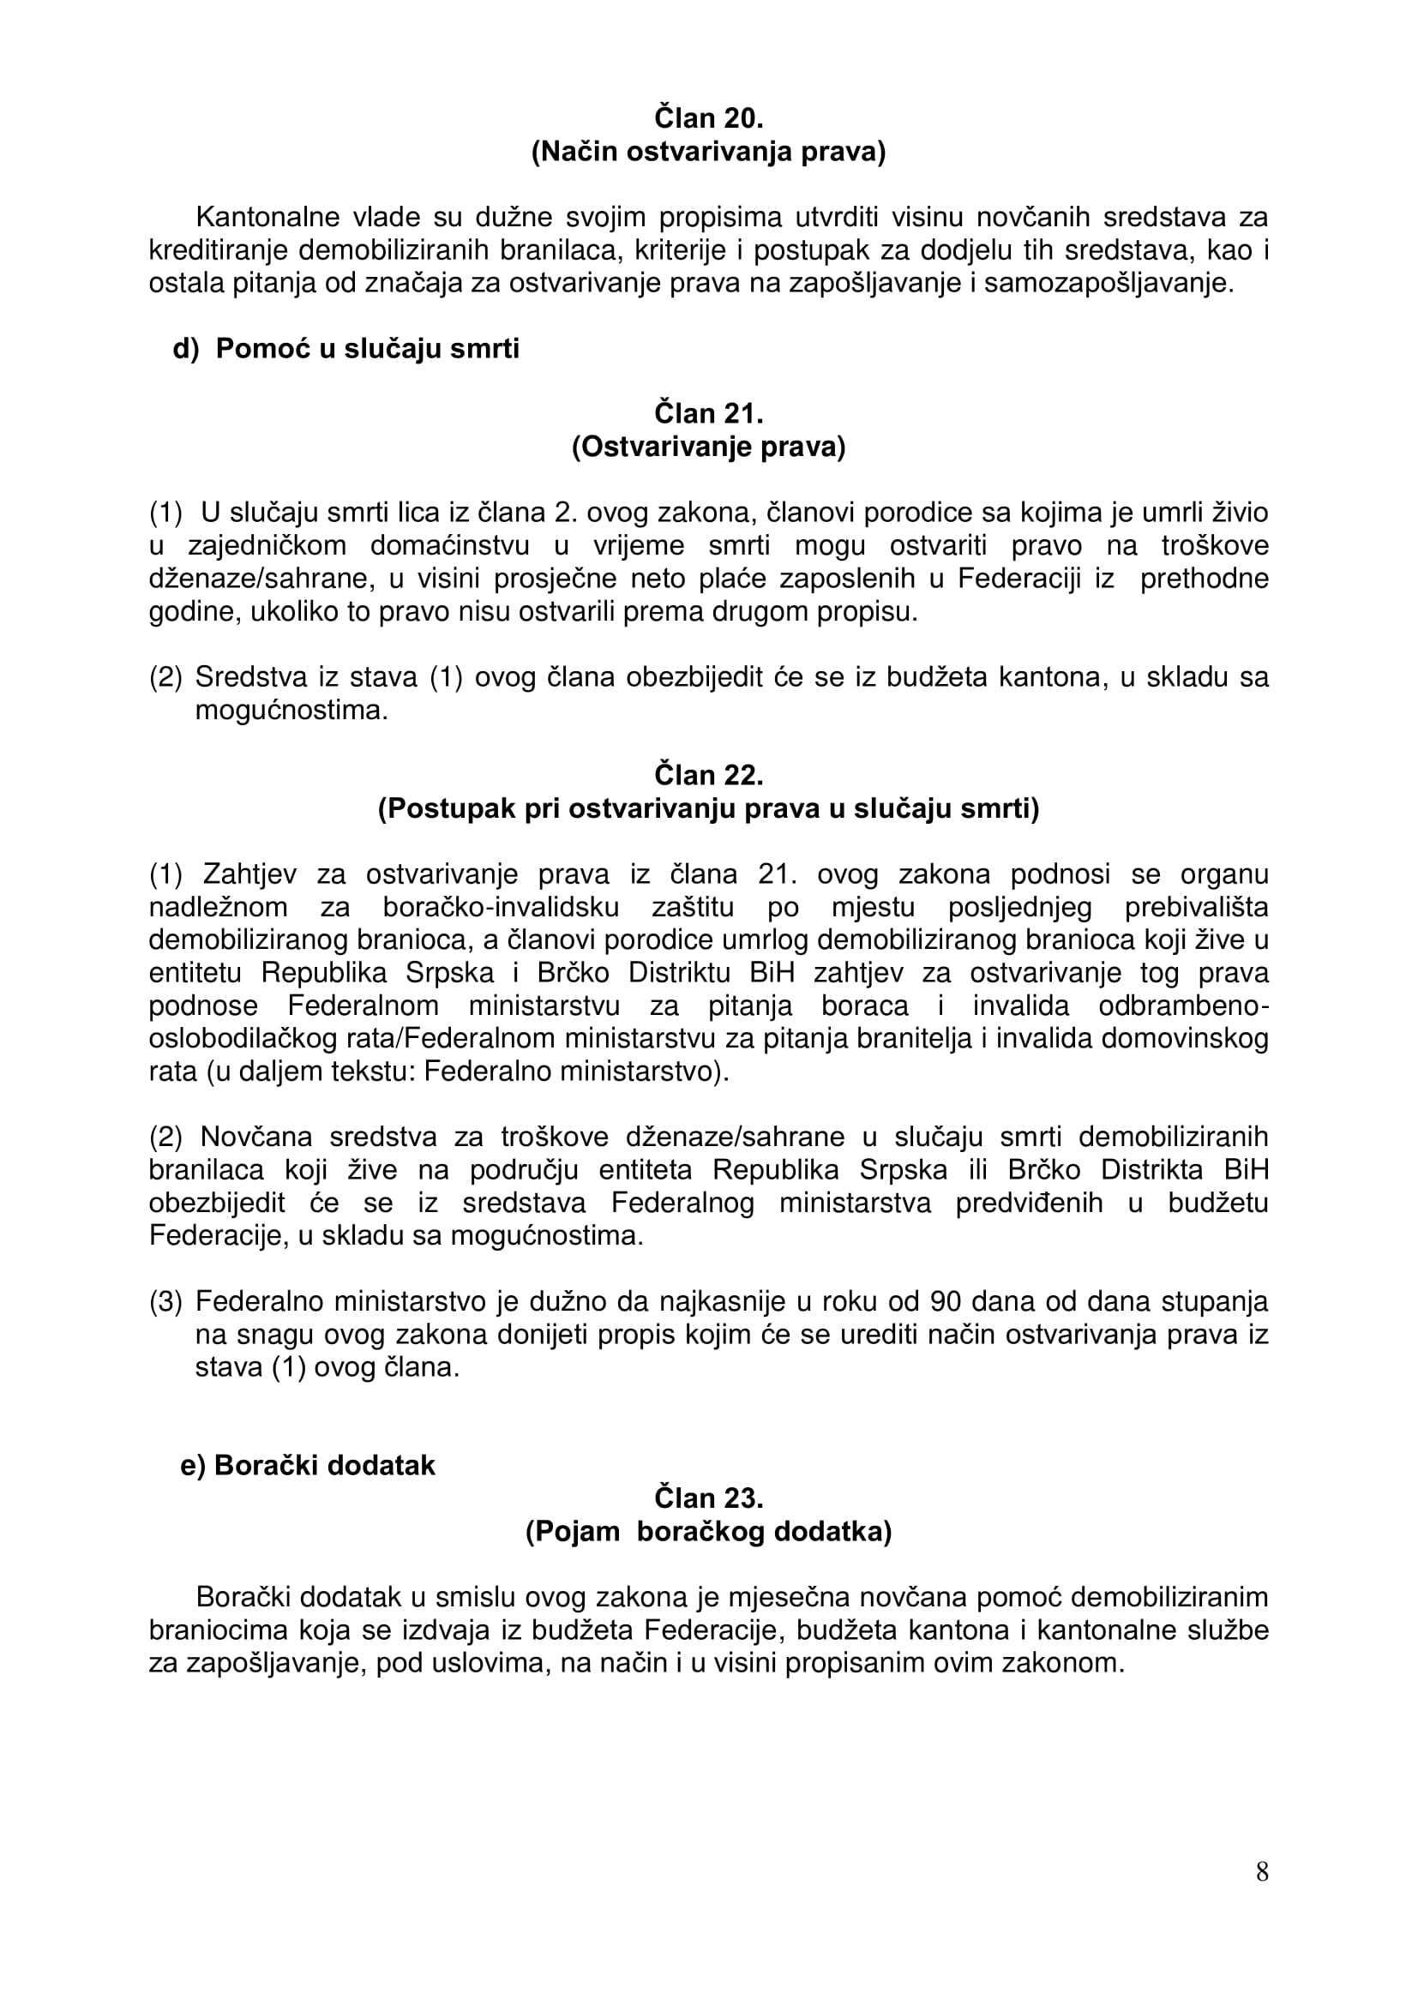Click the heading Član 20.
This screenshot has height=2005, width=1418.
pos(708,118)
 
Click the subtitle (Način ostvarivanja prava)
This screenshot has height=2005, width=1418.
pos(708,152)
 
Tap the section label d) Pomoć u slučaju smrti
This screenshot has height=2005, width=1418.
pos(345,348)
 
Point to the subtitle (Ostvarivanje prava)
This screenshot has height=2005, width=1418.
pos(708,447)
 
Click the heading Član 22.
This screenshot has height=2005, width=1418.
pos(708,775)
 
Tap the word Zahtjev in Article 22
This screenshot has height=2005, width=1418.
pos(249,874)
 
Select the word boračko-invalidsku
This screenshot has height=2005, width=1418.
pos(502,907)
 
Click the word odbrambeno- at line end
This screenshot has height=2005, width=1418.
pos(1183,1006)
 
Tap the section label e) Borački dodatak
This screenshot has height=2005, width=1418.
pos(308,1465)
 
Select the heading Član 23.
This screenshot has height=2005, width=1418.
pos(708,1498)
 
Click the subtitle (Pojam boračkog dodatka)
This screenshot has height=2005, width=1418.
pos(708,1533)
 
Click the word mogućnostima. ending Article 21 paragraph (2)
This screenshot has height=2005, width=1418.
pos(291,710)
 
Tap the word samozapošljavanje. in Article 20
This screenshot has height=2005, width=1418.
pos(1109,284)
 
